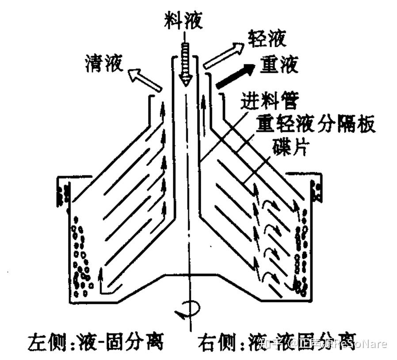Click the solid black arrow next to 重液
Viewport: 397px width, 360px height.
point(235,75)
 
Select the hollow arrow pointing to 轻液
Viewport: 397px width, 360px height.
point(223,56)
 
